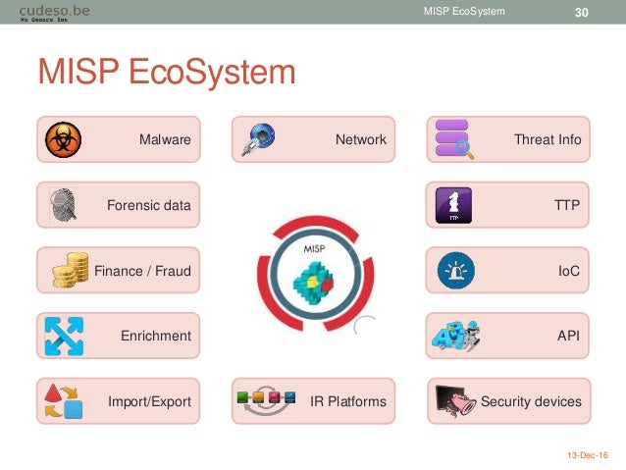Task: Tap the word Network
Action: pos(360,140)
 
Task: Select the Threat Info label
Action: pos(547,140)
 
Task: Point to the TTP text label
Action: pos(566,205)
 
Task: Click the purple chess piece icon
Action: pos(452,205)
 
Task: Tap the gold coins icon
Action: pos(69,270)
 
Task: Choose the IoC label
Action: pos(568,271)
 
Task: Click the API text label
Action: pos(568,336)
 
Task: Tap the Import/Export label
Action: pos(149,401)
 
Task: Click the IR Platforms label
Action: pos(347,401)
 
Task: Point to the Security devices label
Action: pos(530,401)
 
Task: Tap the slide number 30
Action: pos(580,11)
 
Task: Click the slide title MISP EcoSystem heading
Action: pos(166,74)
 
